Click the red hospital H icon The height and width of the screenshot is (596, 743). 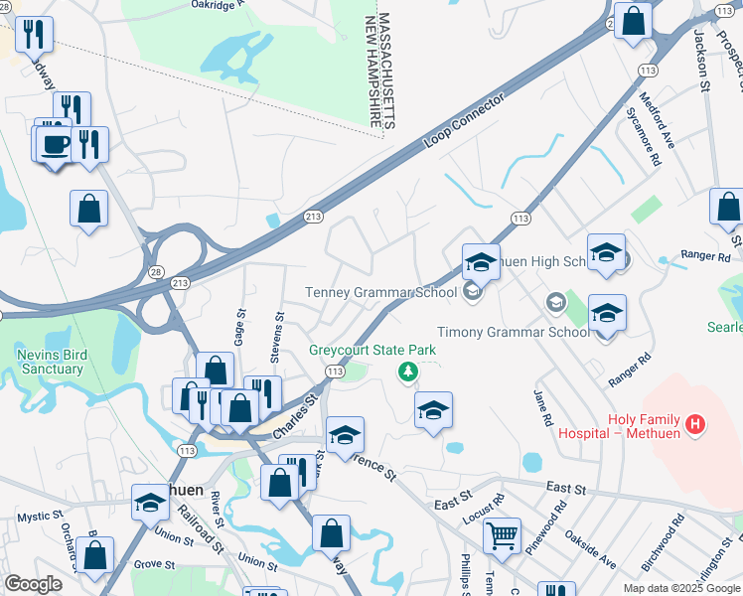click(x=695, y=425)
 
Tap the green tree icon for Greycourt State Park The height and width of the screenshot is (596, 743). click(x=406, y=372)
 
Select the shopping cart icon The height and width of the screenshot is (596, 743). click(x=502, y=535)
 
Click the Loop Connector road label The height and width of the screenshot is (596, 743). click(x=465, y=121)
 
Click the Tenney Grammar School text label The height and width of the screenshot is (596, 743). click(x=380, y=292)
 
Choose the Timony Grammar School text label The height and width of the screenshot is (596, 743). click(x=514, y=332)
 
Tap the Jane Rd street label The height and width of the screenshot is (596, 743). click(x=542, y=406)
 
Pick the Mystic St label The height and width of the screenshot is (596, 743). click(x=39, y=517)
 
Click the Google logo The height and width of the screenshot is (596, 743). click(x=33, y=584)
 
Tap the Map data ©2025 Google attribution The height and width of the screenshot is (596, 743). click(x=681, y=587)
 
